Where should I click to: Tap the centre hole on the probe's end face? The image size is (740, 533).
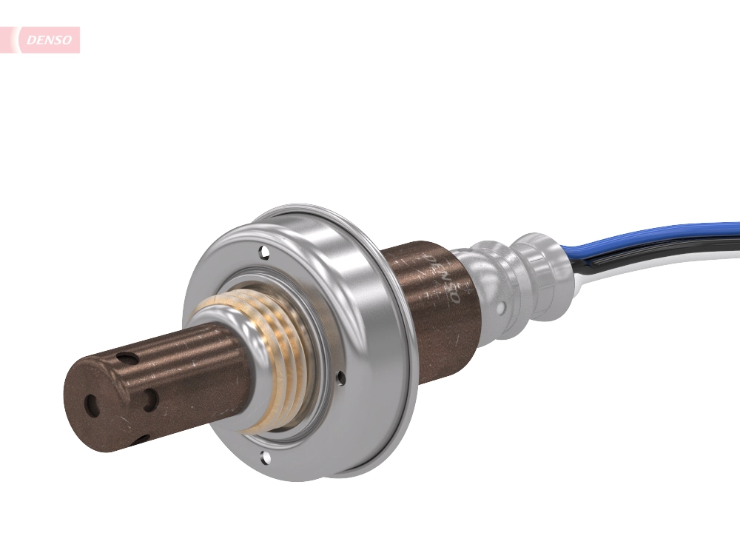click(x=91, y=405)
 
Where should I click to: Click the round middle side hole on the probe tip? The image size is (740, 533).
click(x=150, y=400)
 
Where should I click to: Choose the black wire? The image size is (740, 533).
click(x=651, y=252)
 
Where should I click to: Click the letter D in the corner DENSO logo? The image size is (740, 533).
click(x=32, y=40)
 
